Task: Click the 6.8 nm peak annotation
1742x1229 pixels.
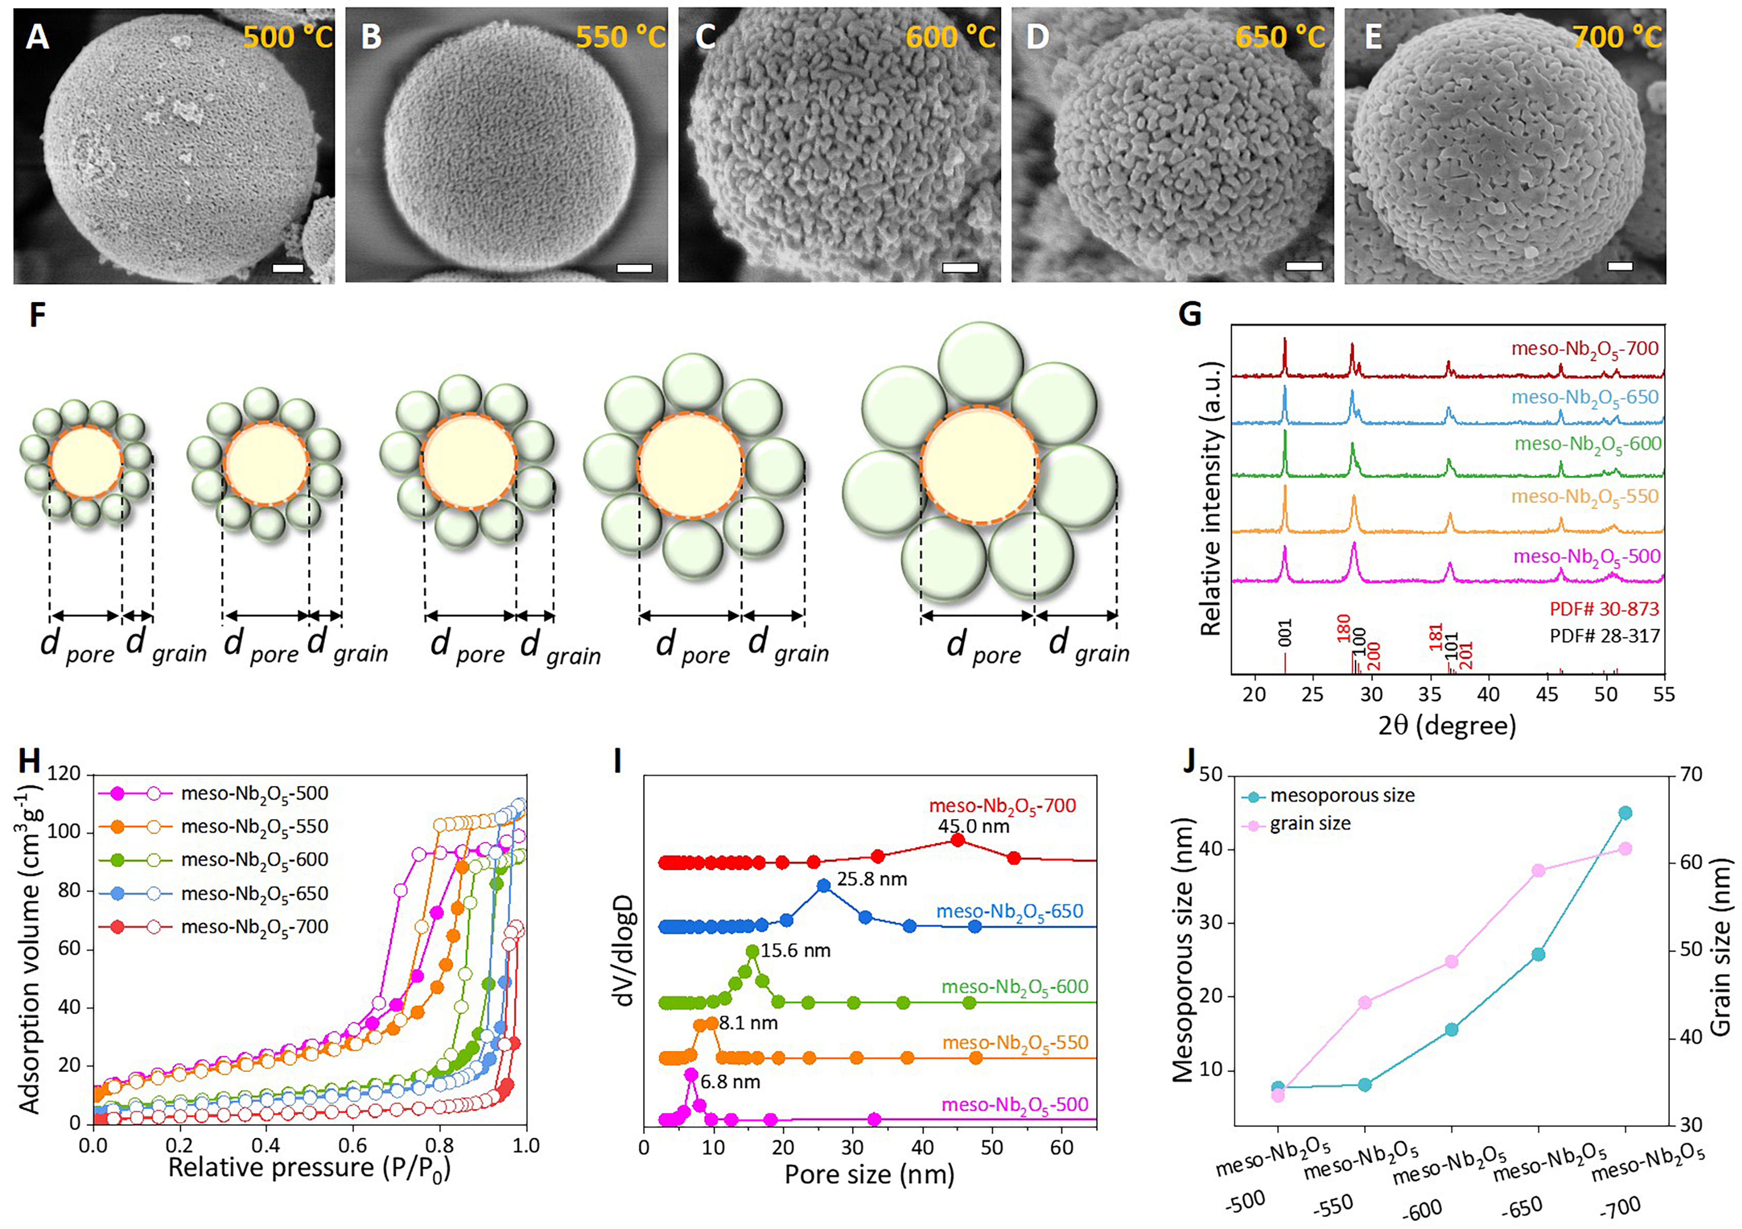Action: click(x=730, y=1082)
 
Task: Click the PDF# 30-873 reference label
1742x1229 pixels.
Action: click(x=1604, y=608)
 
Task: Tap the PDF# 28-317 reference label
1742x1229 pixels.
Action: click(x=1604, y=636)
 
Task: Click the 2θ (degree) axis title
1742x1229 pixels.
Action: click(x=1446, y=725)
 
